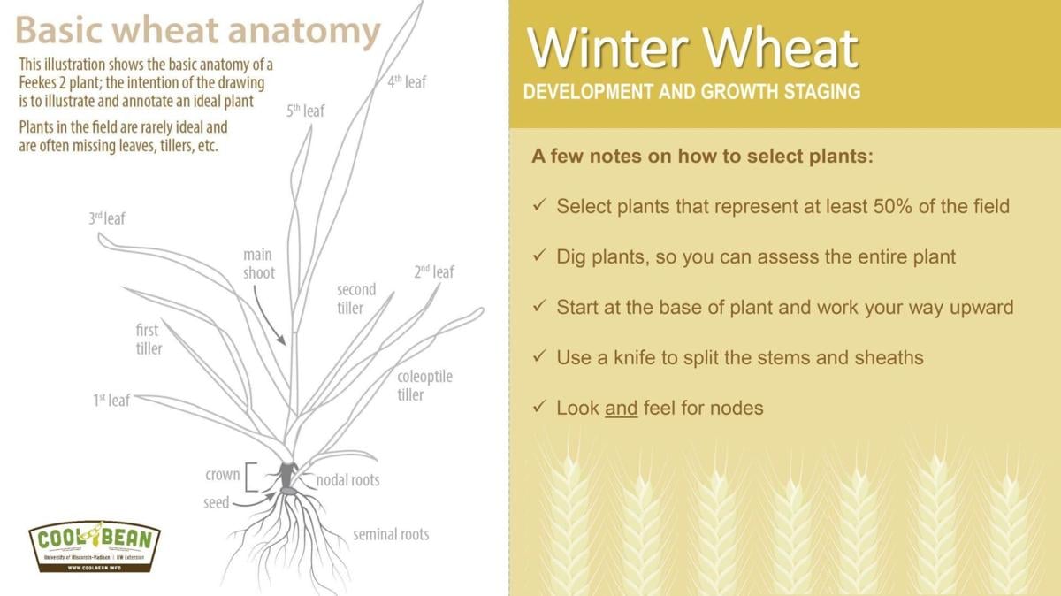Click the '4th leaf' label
coord(407,81)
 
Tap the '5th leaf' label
coord(305,111)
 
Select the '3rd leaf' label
coord(107,218)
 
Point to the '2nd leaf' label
coord(433,272)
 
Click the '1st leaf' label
coord(111,401)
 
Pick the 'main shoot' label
coord(259,264)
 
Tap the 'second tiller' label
coord(356,299)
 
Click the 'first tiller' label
coord(149,340)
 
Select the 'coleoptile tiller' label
coord(424,386)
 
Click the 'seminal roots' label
coord(391,534)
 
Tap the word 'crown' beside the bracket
coord(222,475)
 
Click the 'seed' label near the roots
coord(217,502)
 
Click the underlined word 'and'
coord(621,408)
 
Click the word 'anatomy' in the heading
coord(303,31)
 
